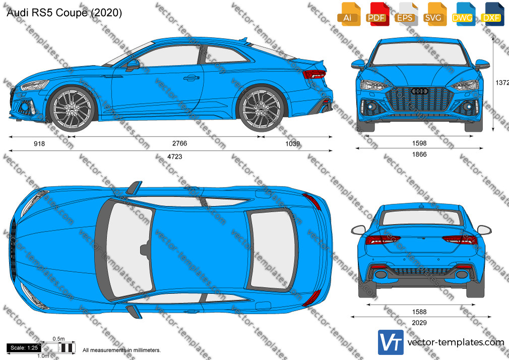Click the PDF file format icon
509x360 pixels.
click(376, 14)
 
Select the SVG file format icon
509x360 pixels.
click(434, 14)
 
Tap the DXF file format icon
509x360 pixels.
click(491, 14)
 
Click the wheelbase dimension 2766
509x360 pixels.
click(179, 143)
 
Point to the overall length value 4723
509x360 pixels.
click(175, 157)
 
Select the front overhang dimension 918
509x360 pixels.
click(39, 144)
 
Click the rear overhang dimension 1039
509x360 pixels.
click(292, 144)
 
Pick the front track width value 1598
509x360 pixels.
click(419, 143)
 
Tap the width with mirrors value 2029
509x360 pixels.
click(419, 323)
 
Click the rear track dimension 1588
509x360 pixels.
click(419, 312)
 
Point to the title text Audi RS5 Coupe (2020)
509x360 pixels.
click(65, 13)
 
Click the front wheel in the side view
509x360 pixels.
click(72, 108)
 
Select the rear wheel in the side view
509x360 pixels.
click(261, 108)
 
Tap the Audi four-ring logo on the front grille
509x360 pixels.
click(419, 91)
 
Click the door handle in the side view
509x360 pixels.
click(191, 78)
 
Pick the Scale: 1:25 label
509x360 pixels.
click(24, 348)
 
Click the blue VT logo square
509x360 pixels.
click(391, 342)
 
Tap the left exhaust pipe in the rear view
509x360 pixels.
click(381, 274)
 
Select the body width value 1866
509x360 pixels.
click(419, 154)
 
